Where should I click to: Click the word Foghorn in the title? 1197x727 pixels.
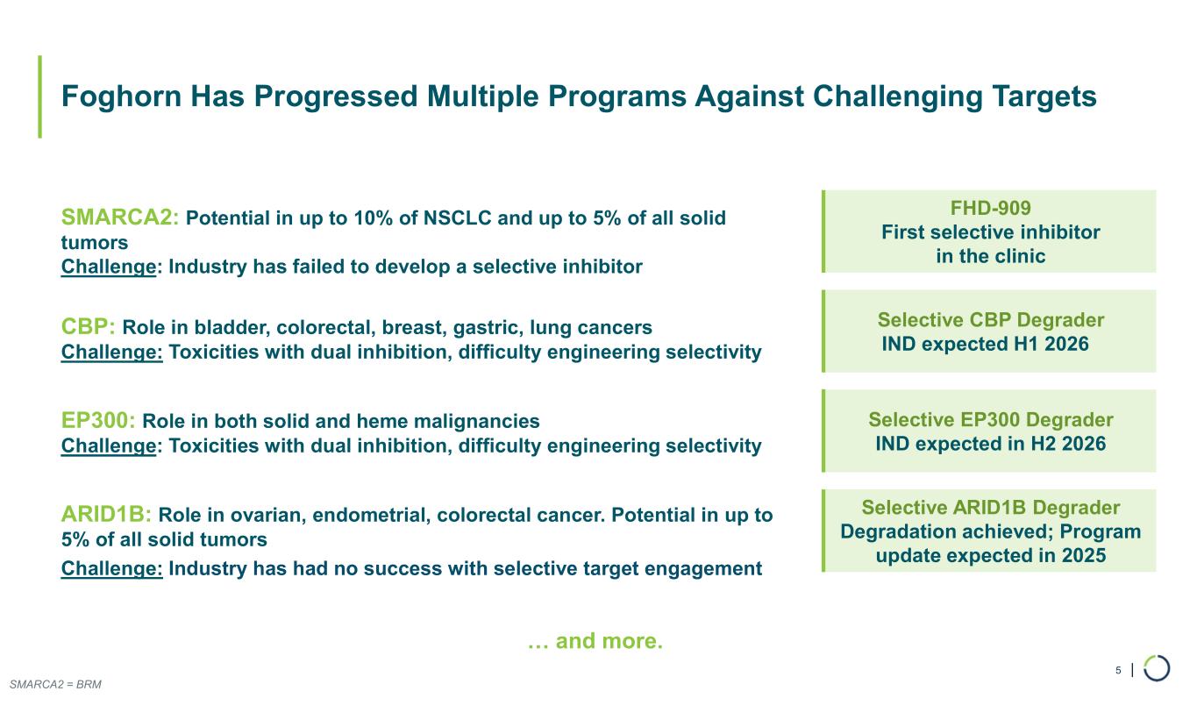(121, 97)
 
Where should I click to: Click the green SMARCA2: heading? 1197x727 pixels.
(120, 217)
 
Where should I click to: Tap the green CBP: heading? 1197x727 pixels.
(89, 326)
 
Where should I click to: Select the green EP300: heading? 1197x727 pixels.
(98, 421)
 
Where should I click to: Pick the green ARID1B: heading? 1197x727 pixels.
(106, 514)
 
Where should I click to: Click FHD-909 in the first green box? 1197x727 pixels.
(991, 208)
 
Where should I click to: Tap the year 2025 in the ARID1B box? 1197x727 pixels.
(1084, 555)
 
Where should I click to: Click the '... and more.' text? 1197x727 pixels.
(595, 640)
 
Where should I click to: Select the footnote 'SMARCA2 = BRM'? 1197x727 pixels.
(55, 684)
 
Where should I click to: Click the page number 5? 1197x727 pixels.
(1118, 670)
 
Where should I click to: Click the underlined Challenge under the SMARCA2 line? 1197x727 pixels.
(109, 267)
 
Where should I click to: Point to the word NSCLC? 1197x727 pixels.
(457, 218)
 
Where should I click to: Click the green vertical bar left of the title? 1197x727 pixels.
(40, 96)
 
